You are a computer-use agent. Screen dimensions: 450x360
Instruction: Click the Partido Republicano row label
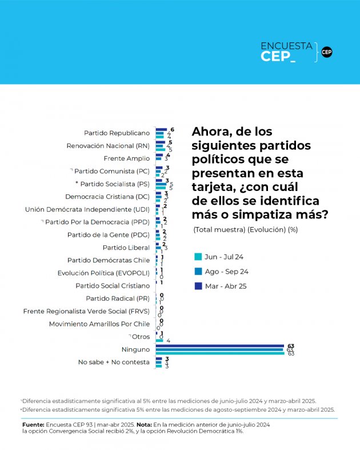coord(117,133)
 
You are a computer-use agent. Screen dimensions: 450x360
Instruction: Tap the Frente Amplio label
coord(127,158)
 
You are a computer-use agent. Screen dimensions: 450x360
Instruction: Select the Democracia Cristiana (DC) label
coord(116,196)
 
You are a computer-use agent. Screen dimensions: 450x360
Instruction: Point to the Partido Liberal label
coord(126,248)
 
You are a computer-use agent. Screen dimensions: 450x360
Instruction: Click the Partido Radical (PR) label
coord(118,298)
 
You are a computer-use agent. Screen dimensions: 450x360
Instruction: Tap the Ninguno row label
coord(135,349)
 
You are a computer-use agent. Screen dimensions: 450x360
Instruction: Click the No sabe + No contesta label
coord(114,362)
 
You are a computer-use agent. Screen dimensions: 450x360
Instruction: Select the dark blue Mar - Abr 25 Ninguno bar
coord(220,345)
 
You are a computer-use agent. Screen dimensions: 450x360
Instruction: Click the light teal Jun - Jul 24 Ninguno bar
coord(220,353)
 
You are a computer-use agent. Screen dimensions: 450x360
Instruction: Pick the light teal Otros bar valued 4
coord(159,340)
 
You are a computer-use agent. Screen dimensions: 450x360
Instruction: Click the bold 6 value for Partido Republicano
coord(172,129)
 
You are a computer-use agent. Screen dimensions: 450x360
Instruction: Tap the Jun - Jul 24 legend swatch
coord(198,257)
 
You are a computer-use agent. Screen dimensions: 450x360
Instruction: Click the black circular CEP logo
coord(326,52)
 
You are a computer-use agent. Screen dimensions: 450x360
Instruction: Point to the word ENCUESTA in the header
coord(286,46)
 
